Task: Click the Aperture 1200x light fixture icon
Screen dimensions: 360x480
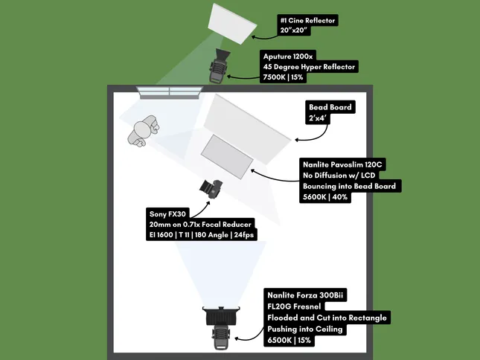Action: pos(219,65)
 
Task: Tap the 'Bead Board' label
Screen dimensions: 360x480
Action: pos(330,107)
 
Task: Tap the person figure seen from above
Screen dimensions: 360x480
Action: pos(142,129)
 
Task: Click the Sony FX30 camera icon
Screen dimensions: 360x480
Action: pos(211,187)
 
